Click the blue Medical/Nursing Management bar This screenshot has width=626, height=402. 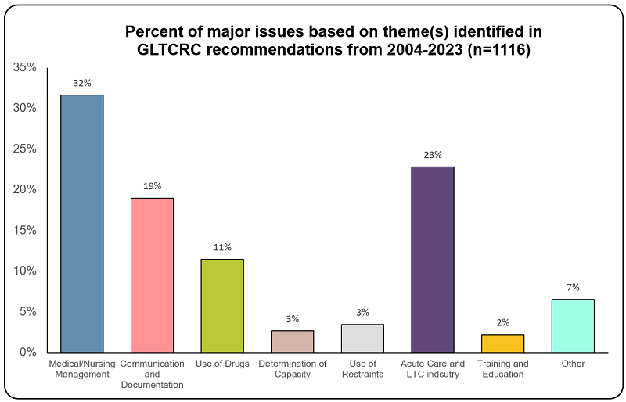click(x=82, y=223)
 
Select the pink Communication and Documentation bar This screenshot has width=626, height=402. click(x=152, y=275)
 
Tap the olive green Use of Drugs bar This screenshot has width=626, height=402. click(x=222, y=305)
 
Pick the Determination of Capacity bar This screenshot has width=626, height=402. click(x=292, y=341)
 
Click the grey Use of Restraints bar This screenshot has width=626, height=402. click(x=362, y=338)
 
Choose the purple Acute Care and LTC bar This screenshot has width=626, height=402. click(x=433, y=259)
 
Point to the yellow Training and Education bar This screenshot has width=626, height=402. click(x=503, y=343)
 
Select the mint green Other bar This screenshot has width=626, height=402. click(x=573, y=325)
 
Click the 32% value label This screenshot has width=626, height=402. click(x=82, y=82)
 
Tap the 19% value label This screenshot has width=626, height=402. click(x=152, y=186)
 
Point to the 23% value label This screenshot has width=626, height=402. click(x=433, y=154)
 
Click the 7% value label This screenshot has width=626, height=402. click(x=573, y=287)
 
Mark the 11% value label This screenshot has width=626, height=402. click(x=222, y=247)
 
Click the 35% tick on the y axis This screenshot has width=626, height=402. click(x=24, y=68)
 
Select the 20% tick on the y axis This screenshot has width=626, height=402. click(x=24, y=189)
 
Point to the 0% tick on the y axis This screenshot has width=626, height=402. click(x=27, y=352)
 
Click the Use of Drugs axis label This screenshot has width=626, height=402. click(x=222, y=364)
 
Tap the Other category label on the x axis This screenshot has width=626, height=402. click(x=573, y=364)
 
